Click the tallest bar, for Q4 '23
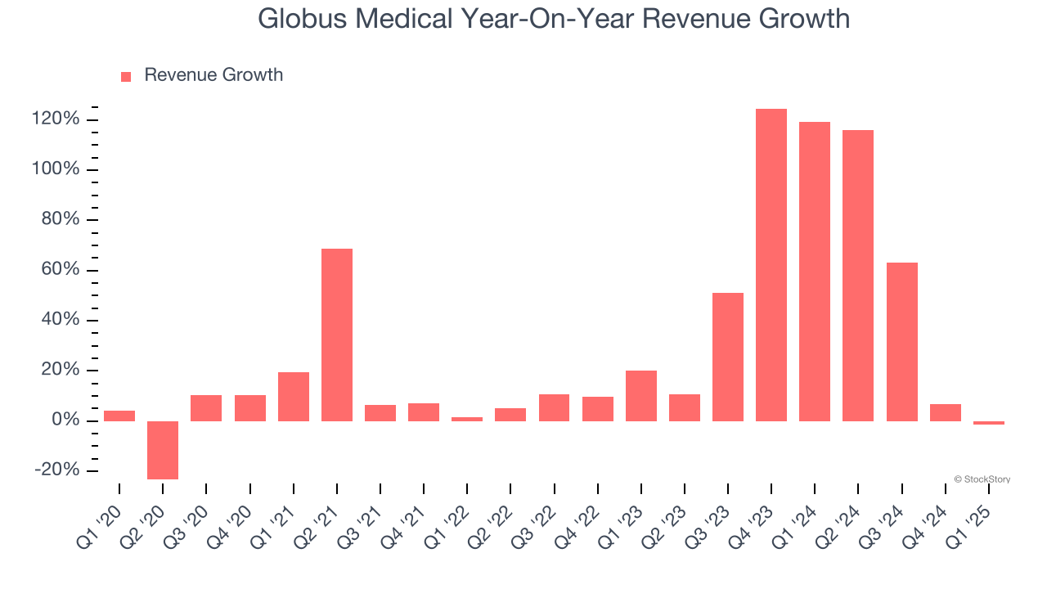tap(771, 264)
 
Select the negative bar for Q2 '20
tap(163, 450)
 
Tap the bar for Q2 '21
tap(337, 335)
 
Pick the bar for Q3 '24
tap(901, 341)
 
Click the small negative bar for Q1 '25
tap(988, 423)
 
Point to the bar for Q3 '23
tap(727, 357)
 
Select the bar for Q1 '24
tap(815, 271)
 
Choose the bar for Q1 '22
tap(467, 419)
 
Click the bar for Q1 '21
tap(294, 396)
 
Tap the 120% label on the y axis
tap(56, 119)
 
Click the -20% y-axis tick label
tap(57, 470)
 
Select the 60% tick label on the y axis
tap(61, 270)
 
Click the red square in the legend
tap(126, 76)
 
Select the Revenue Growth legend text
tap(213, 75)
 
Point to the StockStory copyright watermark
tap(982, 479)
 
